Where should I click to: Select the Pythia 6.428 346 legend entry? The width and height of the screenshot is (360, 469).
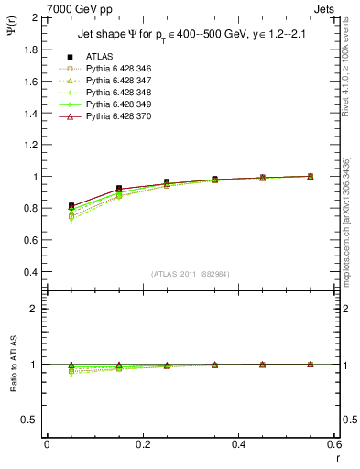[114, 69]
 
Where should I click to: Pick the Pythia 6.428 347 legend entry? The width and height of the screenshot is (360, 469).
[114, 81]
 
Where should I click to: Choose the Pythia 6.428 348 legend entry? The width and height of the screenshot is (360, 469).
[114, 93]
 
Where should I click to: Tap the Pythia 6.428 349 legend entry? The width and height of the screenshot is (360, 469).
[114, 104]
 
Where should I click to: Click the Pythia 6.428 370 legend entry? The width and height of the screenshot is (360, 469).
[114, 116]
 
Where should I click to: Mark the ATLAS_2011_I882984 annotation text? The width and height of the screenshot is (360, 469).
[191, 273]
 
